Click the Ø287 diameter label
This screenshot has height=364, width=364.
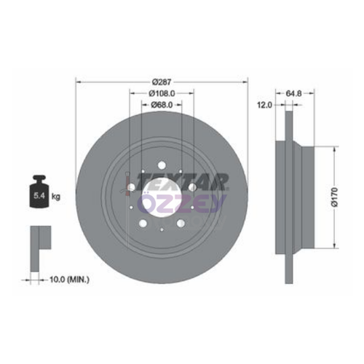coord(162,82)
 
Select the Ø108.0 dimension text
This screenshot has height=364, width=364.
coord(162,94)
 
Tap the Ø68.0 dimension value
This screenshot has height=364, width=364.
coord(162,106)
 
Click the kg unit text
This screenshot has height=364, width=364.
coord(55,197)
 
